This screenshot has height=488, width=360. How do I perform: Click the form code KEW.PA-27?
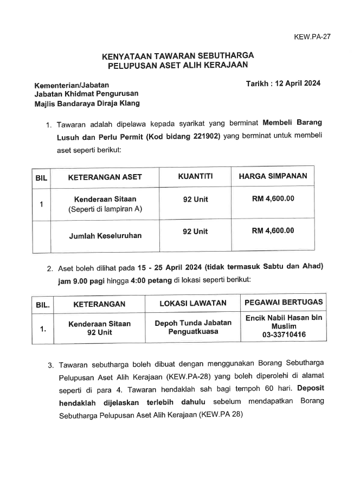click(x=312, y=37)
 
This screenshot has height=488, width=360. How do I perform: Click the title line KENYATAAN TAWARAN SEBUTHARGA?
click(x=177, y=56)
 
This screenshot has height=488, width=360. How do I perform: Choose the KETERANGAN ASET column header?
click(x=105, y=177)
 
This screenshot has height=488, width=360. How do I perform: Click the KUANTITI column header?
click(x=195, y=176)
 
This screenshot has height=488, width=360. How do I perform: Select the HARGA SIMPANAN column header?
click(x=273, y=176)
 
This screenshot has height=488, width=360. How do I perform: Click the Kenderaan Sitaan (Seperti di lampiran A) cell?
click(x=105, y=204)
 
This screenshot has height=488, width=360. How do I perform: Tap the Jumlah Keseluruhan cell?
click(x=105, y=236)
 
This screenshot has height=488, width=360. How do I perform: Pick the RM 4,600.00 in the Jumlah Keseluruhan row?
click(x=273, y=231)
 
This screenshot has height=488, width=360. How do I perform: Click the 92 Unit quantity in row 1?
click(x=195, y=199)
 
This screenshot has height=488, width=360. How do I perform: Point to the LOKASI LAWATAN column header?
click(x=192, y=304)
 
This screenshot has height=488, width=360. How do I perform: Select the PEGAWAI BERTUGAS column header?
click(x=284, y=303)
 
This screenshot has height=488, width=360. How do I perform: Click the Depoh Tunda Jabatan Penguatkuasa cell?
click(x=193, y=326)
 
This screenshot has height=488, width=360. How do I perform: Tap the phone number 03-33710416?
click(x=284, y=335)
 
